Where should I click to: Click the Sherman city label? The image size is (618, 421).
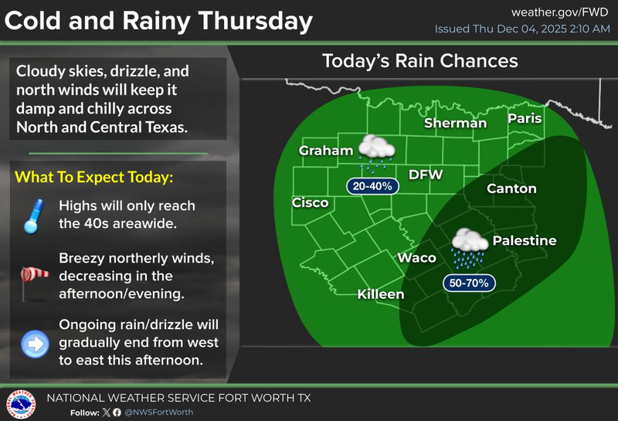pos(456,124)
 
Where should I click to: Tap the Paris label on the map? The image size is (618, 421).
pos(525,119)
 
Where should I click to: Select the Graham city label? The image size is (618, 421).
pos(326,151)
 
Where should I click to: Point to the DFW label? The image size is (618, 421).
pos(426,175)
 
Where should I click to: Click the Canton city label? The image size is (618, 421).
pos(511,188)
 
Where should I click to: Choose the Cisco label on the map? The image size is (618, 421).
pos(310,203)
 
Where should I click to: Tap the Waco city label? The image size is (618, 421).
pos(416,258)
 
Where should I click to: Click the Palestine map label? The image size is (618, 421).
pos(525,241)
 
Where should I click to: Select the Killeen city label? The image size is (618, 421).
pos(380,295)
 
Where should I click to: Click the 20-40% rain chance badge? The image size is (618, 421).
pos(372,186)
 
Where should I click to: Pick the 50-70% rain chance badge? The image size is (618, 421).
pos(468,283)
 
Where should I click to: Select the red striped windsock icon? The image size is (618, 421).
pos(33,276)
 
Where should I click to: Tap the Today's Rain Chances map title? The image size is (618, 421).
pos(419,60)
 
